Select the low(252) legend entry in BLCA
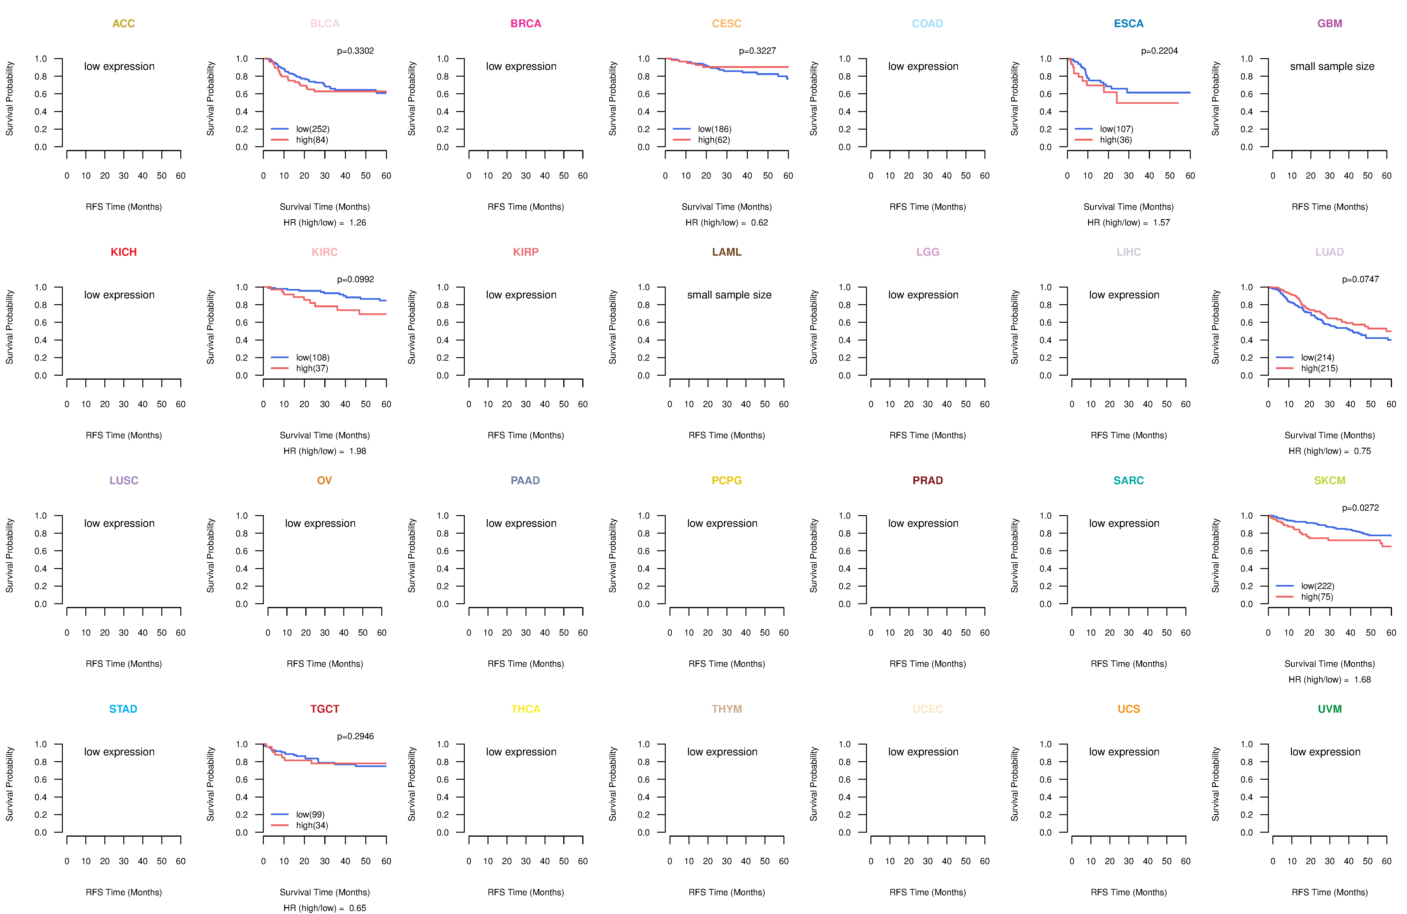(312, 129)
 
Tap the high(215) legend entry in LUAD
(1319, 368)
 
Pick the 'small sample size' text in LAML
(729, 295)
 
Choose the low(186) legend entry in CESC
(714, 129)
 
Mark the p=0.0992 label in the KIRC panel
(355, 279)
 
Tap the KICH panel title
(124, 252)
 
